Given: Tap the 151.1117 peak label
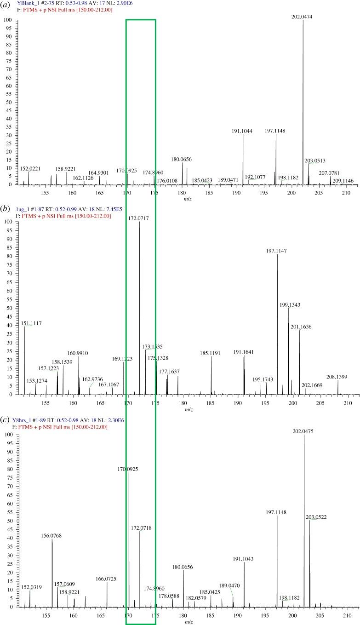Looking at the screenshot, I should [32, 323].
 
